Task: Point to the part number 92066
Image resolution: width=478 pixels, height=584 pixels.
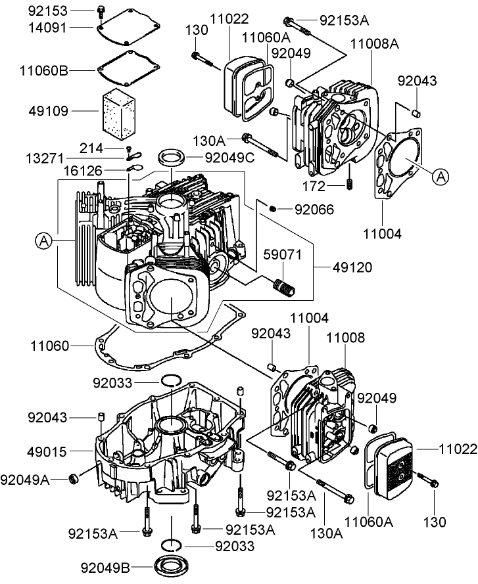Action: pos(314,210)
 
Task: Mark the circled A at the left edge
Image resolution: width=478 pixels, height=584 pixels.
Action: pos(43,241)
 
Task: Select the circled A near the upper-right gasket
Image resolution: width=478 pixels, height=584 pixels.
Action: pos(441,175)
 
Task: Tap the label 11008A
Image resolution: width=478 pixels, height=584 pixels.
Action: pos(375,43)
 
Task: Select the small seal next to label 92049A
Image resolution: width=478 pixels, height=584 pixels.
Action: pos(74,476)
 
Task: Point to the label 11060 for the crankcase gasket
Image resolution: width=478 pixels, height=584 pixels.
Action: pos(48,344)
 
